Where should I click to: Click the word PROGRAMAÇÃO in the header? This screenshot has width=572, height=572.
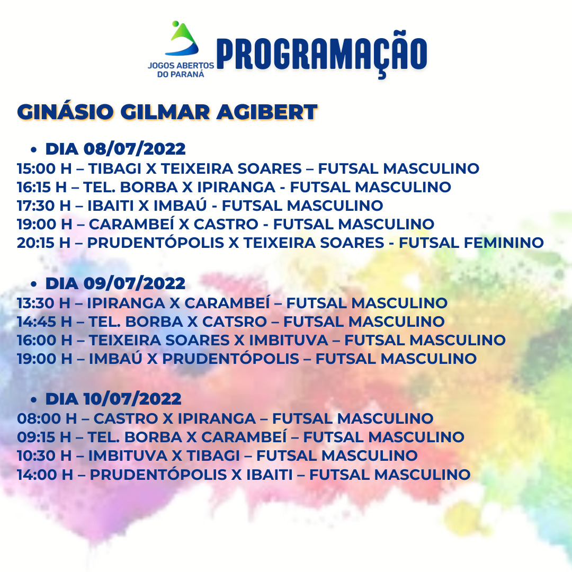point(322,54)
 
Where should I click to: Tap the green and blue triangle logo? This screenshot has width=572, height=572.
point(182,39)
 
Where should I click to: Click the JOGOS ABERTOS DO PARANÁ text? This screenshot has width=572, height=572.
point(181,70)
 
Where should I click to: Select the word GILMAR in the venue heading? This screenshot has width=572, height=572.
point(165,112)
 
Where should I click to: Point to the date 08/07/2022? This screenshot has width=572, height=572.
point(135,149)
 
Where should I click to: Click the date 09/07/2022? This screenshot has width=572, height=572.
point(135,283)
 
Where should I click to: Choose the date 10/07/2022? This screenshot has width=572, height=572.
point(132,399)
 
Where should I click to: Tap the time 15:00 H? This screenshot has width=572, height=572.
point(44,168)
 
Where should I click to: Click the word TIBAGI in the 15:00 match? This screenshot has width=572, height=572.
point(114,168)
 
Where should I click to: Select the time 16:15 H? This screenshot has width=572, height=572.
point(42,187)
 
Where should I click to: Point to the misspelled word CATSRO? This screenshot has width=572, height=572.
point(235,322)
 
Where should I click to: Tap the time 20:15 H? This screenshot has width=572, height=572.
point(43,243)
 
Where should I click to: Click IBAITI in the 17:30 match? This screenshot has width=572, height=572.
point(111,205)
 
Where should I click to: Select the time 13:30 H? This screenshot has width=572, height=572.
point(43,303)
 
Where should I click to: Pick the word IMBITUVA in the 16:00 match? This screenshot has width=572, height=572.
point(289,341)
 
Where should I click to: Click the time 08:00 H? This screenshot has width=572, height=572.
point(47,418)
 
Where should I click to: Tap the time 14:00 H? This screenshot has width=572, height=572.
point(45,475)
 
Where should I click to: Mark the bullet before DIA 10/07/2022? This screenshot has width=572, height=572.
point(34,400)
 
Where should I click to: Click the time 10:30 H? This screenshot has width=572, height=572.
point(44,455)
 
